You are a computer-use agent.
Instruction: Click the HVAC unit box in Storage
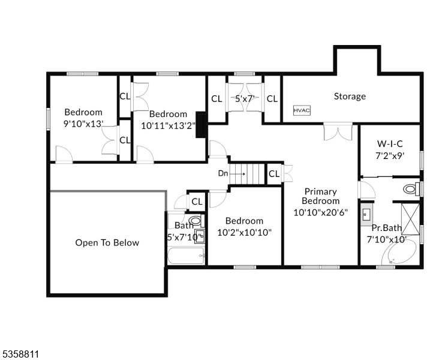300,110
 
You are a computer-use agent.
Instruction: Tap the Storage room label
350,96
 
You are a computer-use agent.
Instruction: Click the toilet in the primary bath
411,189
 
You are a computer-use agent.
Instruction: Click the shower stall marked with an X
410,219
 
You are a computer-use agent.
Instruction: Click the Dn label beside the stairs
223,173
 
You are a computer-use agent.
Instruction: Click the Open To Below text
107,242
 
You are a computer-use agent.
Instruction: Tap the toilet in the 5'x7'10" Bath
196,221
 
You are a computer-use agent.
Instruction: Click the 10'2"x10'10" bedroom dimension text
245,232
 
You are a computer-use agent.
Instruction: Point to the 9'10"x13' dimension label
83,124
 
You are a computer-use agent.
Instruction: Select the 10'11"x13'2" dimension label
168,126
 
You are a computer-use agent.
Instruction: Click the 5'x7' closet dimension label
245,98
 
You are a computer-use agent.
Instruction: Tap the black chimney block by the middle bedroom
202,124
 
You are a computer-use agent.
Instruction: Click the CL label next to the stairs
273,174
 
